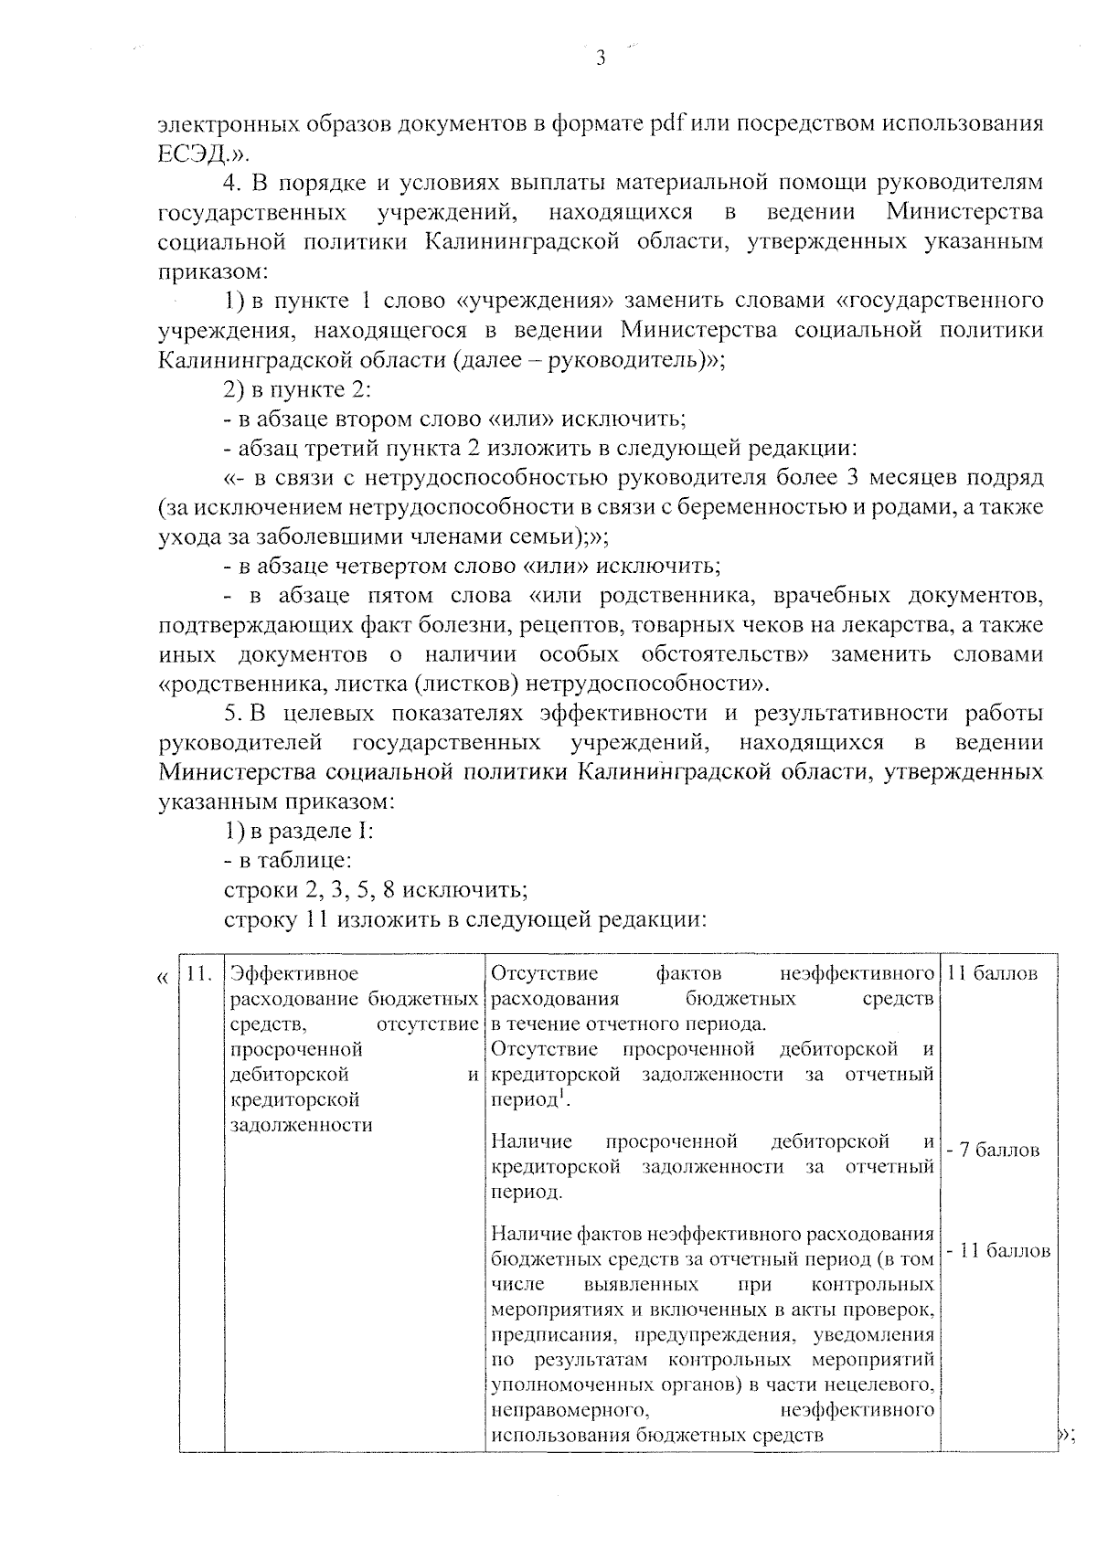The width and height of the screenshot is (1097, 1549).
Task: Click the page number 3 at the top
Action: pyautogui.click(x=601, y=59)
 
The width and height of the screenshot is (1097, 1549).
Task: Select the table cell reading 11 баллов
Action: pyautogui.click(x=993, y=973)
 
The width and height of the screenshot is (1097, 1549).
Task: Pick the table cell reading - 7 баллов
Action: pyautogui.click(x=993, y=1150)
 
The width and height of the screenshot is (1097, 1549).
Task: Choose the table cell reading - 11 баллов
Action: pyautogui.click(x=997, y=1251)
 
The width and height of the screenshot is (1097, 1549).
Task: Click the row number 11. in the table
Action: pyautogui.click(x=200, y=973)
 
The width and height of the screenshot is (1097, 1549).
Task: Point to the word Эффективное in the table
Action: pyautogui.click(x=294, y=973)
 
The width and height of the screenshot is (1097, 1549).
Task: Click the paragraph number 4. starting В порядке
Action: pyautogui.click(x=234, y=183)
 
